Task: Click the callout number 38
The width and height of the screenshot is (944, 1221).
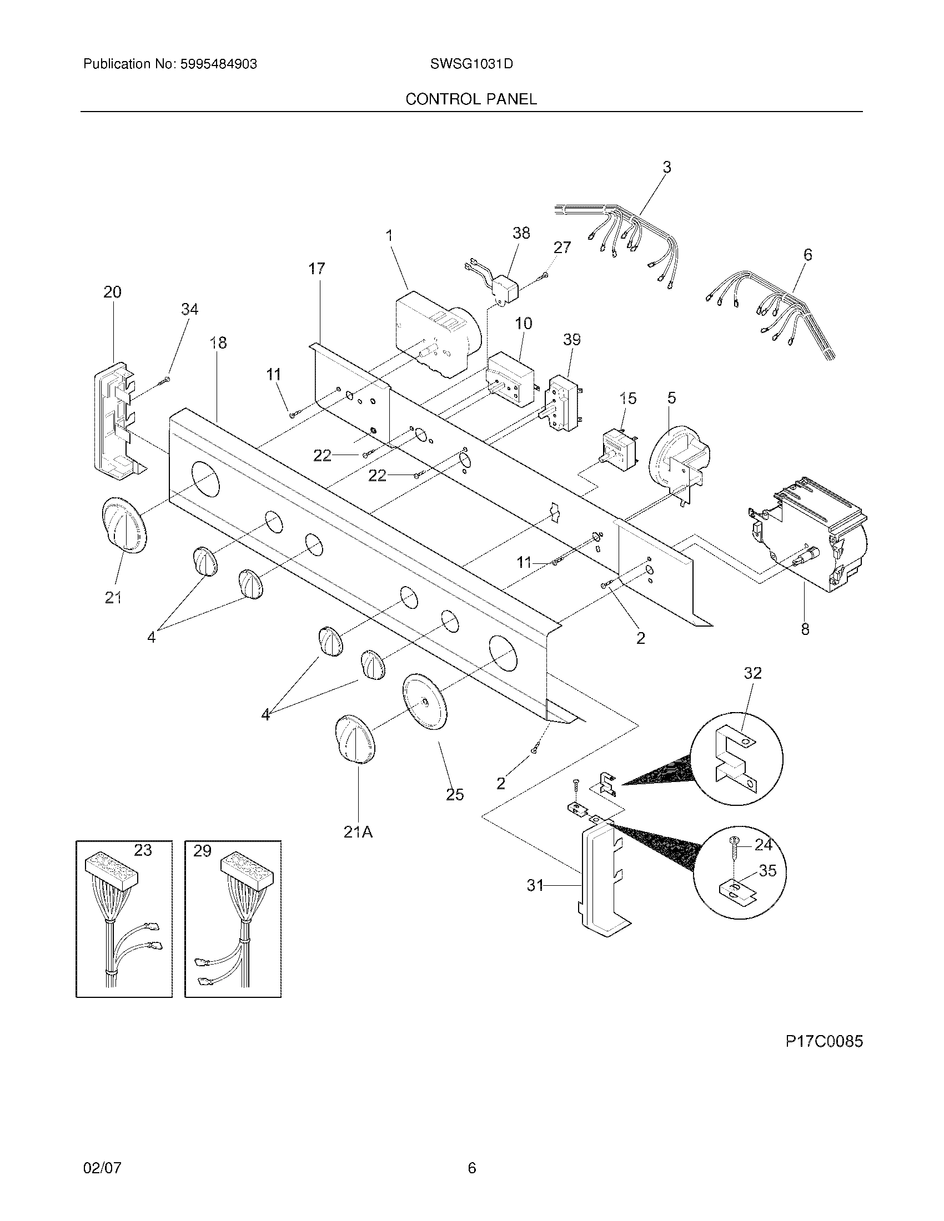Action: point(521,233)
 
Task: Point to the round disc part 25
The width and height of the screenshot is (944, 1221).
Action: point(425,702)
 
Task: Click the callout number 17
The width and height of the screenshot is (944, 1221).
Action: point(317,269)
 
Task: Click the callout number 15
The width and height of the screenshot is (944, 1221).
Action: point(628,398)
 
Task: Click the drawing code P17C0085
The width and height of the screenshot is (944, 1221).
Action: point(824,1041)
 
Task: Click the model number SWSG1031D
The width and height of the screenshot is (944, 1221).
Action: point(471,64)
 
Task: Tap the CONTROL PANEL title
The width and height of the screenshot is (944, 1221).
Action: point(471,99)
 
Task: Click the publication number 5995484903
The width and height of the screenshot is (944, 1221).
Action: point(218,64)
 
